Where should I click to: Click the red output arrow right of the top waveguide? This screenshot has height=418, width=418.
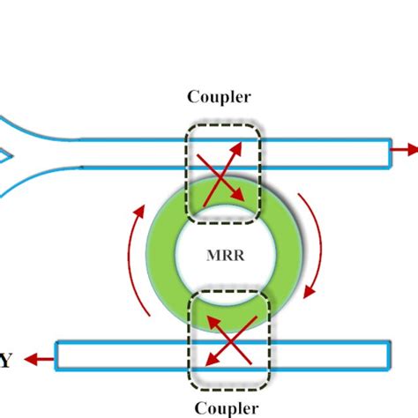405,150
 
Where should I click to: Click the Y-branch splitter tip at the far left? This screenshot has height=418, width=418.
7,157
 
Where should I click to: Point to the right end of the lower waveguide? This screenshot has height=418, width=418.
386,355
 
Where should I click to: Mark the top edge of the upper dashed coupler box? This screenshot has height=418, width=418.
223,126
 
